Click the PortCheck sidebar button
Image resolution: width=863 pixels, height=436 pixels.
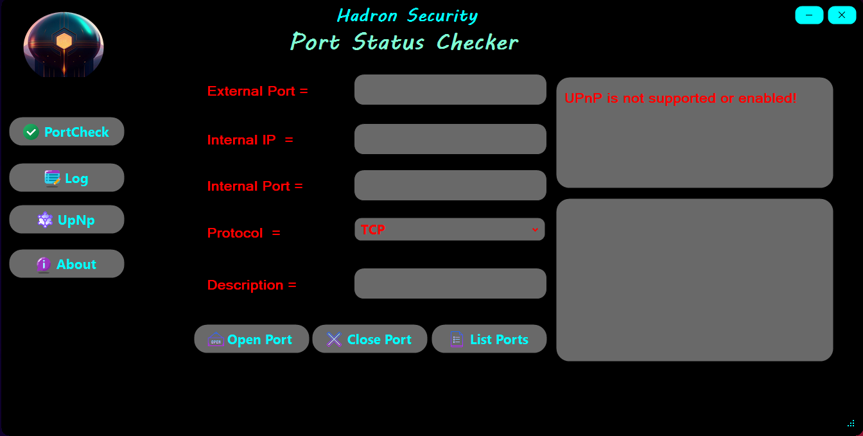pos(67,132)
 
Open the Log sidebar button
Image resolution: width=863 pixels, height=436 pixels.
pos(67,178)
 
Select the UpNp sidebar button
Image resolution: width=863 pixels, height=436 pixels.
pos(67,220)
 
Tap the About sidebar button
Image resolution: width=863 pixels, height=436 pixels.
pos(67,264)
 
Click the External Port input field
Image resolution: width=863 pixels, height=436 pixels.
pos(450,90)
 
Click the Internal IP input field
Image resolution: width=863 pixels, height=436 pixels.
pos(450,139)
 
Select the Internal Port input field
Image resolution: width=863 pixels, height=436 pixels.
pos(450,186)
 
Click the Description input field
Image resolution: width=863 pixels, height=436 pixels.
pos(450,283)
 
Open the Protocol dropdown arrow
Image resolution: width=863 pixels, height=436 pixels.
pos(535,229)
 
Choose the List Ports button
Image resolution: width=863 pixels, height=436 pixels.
pos(489,339)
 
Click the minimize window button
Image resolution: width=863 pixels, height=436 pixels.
pos(809,15)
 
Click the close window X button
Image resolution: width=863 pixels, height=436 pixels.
pos(842,15)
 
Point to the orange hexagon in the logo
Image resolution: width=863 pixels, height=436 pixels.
pos(64,41)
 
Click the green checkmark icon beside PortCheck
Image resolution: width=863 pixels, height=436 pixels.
pos(31,132)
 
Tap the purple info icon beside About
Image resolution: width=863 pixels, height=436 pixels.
pos(44,264)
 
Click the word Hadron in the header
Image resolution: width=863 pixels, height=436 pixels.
pos(367,16)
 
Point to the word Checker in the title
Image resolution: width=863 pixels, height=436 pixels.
pos(478,42)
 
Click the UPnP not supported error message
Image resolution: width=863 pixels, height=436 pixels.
pos(681,98)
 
